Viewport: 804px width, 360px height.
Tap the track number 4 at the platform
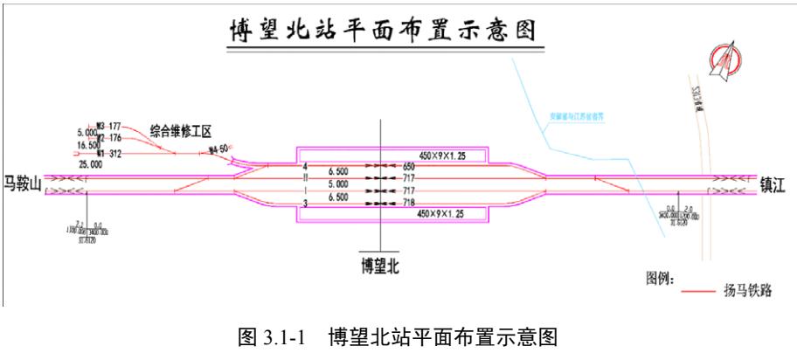coord(305,165)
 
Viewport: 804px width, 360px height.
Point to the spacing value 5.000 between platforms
coord(337,184)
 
